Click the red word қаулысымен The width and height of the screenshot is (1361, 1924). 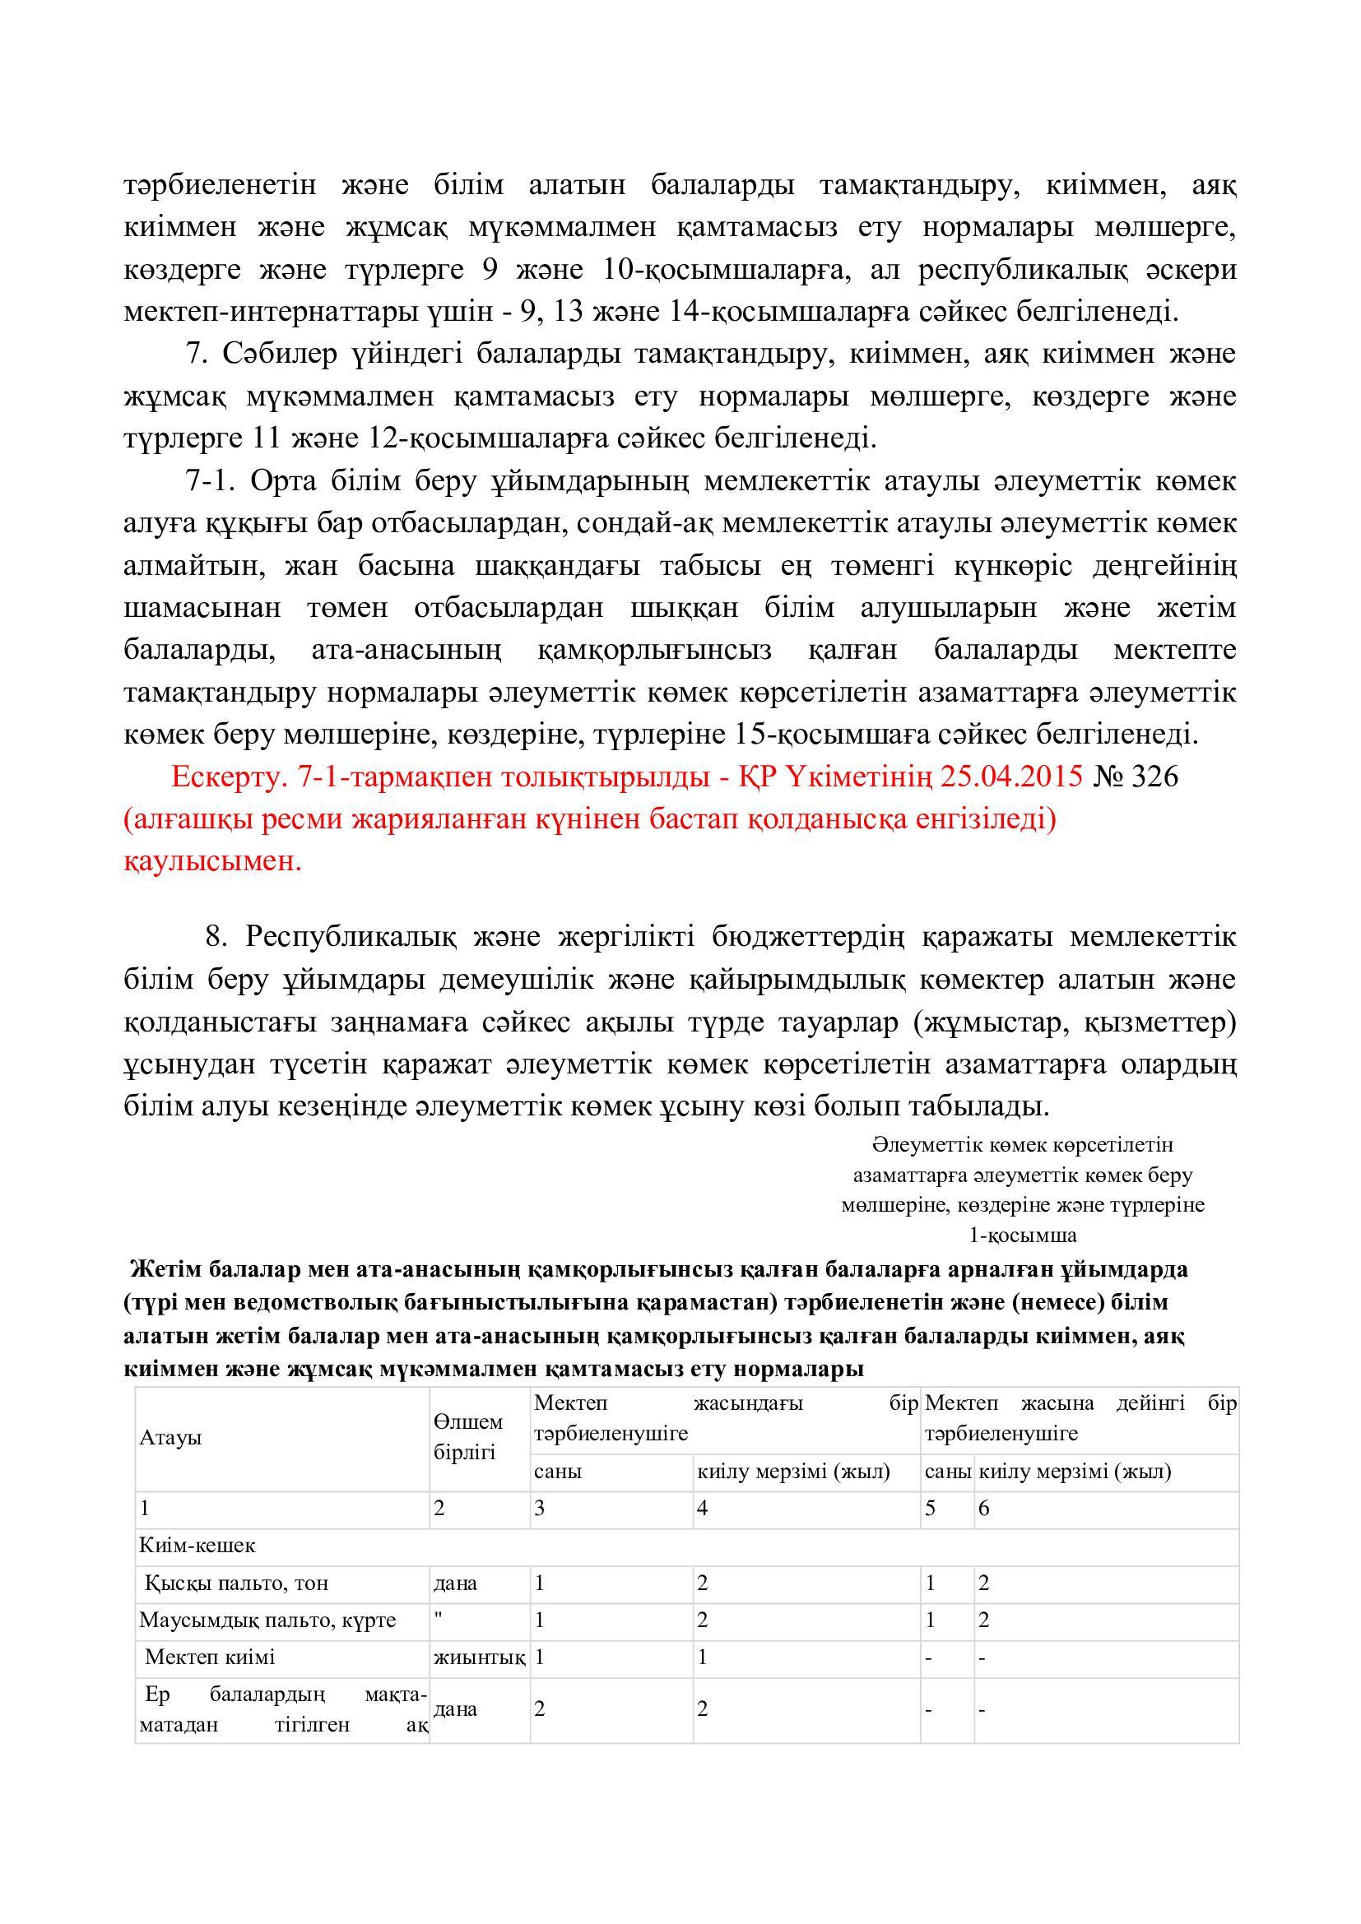(212, 860)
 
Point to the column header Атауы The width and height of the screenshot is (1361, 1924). (171, 1438)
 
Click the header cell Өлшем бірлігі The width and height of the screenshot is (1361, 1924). (468, 1437)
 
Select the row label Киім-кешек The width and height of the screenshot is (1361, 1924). (197, 1545)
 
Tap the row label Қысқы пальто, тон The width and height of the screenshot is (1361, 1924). (236, 1583)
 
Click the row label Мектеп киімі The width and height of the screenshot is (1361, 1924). (210, 1657)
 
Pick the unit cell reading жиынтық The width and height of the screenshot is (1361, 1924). (480, 1657)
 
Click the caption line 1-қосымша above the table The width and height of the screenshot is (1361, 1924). (1023, 1236)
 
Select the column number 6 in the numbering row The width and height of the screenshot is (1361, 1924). (984, 1509)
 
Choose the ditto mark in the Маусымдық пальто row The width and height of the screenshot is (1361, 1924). (439, 1617)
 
